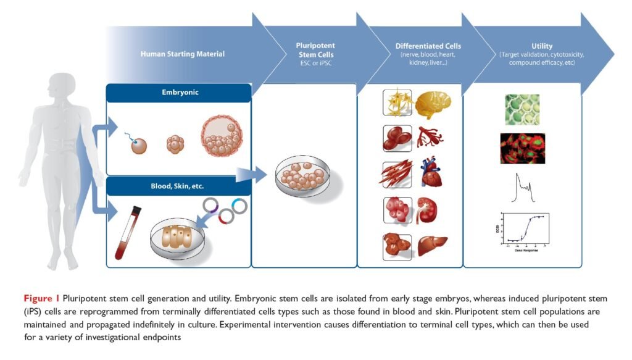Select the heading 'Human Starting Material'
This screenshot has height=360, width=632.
[182, 54]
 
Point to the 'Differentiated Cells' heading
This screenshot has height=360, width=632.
[428, 46]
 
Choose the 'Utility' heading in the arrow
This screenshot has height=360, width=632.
[542, 46]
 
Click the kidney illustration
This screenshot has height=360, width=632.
[427, 209]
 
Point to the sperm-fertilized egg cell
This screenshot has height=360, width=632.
[139, 145]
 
